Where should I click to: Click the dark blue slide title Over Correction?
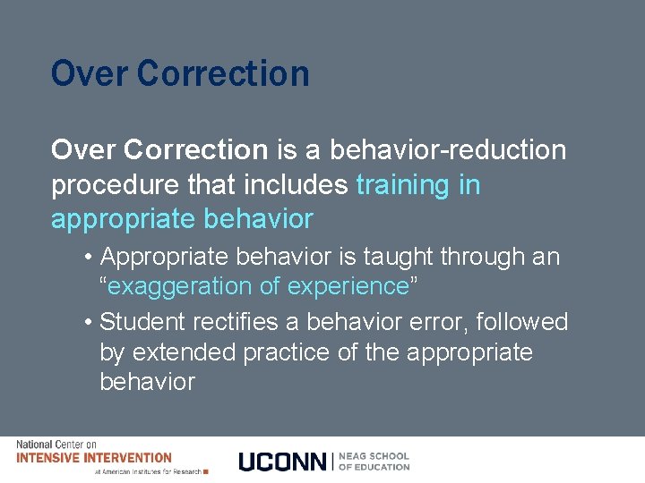click(x=180, y=73)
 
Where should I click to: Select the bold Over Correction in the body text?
click(x=159, y=150)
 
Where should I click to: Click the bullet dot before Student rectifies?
click(x=88, y=322)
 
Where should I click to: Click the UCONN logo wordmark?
click(x=282, y=462)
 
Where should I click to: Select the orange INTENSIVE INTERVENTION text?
click(x=93, y=458)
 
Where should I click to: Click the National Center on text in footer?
click(x=56, y=445)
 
